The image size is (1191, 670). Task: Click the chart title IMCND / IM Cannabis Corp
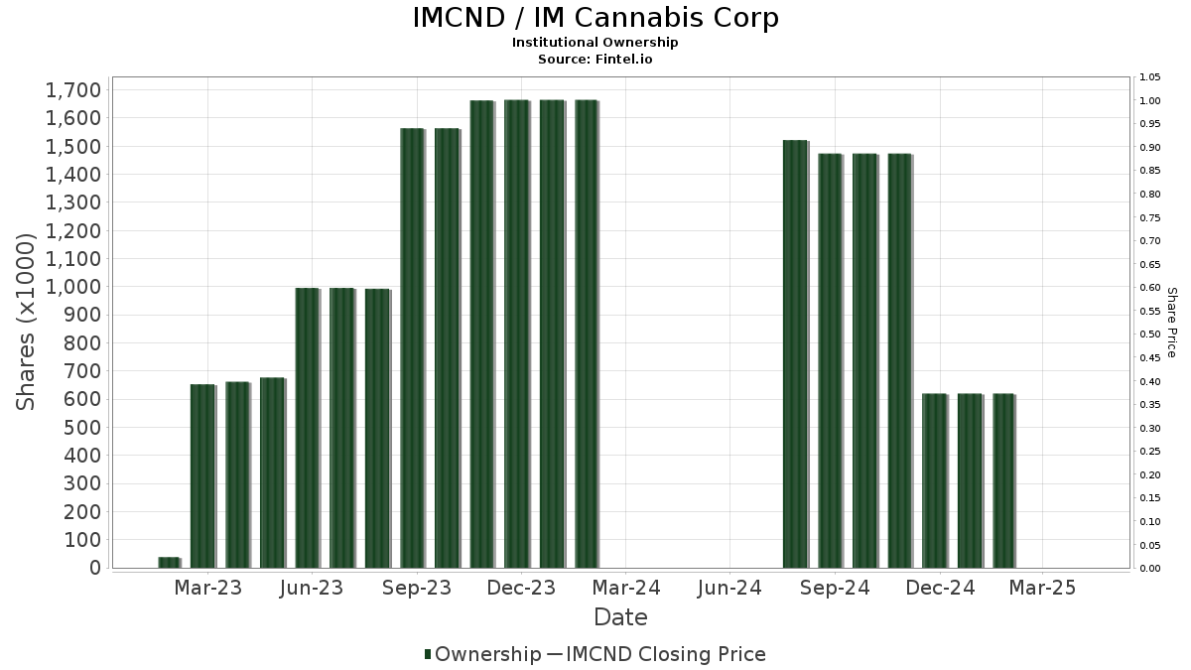595,18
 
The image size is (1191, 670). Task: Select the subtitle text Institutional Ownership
595,43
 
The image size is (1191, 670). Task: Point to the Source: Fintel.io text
595,59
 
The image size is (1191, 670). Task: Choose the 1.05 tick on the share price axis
1150,77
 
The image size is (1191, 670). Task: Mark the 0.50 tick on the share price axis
1150,335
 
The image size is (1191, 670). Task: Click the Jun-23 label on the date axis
313,589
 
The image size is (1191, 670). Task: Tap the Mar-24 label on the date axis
625,589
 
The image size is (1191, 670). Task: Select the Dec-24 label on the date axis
939,589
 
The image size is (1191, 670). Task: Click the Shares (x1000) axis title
27,322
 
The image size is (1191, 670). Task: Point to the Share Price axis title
1172,322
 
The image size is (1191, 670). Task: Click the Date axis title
620,617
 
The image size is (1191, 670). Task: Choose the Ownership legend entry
481,654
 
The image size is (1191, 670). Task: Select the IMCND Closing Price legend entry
655,654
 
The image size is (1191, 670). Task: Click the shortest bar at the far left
169,563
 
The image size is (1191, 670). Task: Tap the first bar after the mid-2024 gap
795,353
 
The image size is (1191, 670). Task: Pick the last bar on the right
1003,480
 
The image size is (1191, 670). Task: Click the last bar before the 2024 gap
586,334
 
